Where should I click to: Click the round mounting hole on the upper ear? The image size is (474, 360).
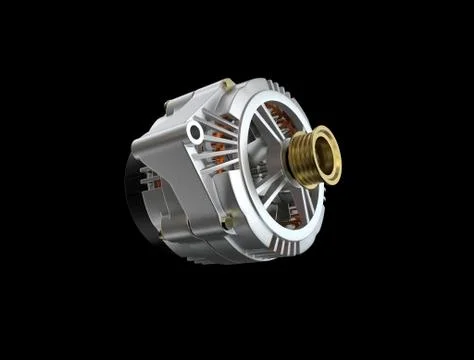tap(195, 131)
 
